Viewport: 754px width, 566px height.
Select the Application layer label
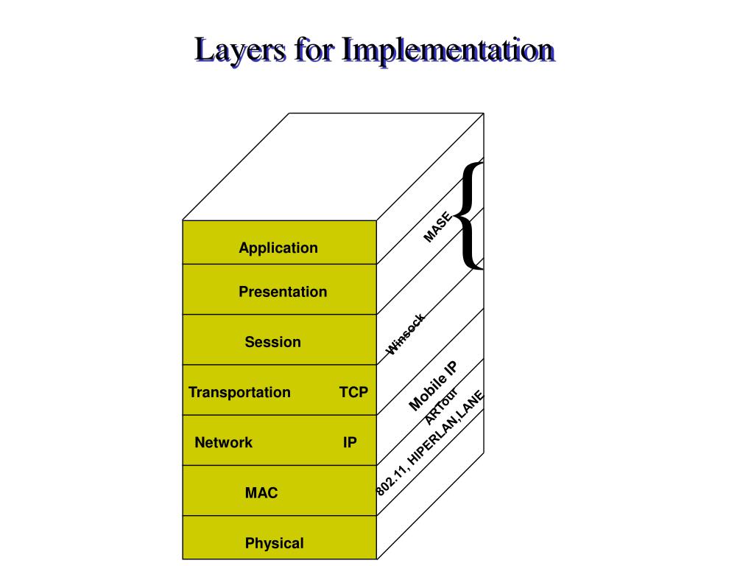pos(278,248)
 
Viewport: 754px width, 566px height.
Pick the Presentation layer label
pos(283,292)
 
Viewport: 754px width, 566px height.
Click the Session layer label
pos(273,342)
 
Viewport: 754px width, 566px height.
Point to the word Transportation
pos(239,392)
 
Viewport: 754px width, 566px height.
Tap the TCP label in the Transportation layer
pos(353,392)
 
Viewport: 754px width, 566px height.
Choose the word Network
pos(223,442)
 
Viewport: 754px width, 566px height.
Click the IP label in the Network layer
pos(350,442)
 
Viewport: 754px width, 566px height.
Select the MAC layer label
pos(261,492)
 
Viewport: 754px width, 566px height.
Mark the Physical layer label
pos(274,543)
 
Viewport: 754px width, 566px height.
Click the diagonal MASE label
pos(437,226)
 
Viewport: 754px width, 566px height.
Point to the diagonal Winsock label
pos(406,335)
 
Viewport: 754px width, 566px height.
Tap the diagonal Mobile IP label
pos(433,385)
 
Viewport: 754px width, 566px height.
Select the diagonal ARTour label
pos(441,406)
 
